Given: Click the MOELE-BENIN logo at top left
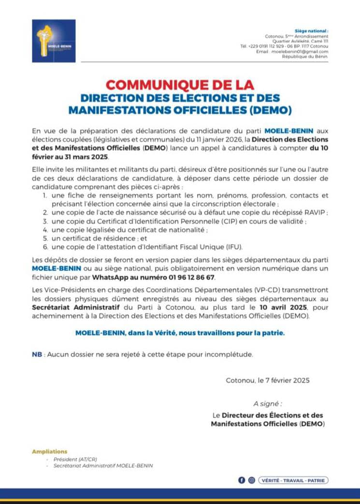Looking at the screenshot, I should point(54,41).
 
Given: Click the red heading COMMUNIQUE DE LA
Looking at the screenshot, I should point(180,85).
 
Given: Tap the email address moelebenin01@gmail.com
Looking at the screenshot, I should point(300,51).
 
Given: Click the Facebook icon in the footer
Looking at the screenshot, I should point(242,480).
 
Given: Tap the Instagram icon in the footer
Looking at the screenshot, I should point(251,480).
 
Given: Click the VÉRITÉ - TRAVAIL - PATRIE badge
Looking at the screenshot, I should point(293,480).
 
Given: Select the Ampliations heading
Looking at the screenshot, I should point(49,451).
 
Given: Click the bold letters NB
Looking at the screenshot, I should point(37,355).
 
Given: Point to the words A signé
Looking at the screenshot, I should point(267,404).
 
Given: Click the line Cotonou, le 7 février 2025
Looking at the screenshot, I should point(268,380).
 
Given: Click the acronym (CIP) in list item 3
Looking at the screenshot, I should point(196,221).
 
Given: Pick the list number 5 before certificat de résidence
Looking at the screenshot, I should point(44,238).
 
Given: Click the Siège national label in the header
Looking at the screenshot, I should point(314,30).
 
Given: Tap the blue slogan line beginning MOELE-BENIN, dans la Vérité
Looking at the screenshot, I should point(180,333).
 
